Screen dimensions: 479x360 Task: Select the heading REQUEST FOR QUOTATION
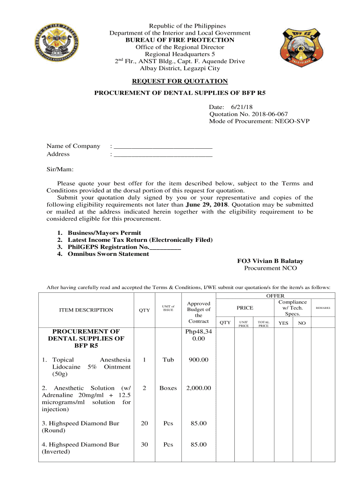click(x=180, y=81)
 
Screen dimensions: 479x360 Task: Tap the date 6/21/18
click(x=238, y=108)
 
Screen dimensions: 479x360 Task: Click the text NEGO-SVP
click(x=292, y=122)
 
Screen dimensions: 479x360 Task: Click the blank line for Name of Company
click(x=163, y=146)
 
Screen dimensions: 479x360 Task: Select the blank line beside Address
click(x=163, y=154)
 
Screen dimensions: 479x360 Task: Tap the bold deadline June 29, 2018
click(x=206, y=204)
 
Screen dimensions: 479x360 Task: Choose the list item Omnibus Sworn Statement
click(x=108, y=254)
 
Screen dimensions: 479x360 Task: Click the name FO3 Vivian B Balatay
click(x=270, y=261)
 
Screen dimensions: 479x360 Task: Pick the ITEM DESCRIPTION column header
click(x=86, y=310)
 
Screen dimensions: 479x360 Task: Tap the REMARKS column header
click(x=323, y=308)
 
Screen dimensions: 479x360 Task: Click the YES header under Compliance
click(x=283, y=323)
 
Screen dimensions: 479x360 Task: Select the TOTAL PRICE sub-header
click(x=264, y=324)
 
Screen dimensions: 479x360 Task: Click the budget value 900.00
click(x=199, y=360)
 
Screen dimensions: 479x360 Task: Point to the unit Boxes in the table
click(x=168, y=388)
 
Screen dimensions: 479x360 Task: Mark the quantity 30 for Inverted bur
click(x=144, y=444)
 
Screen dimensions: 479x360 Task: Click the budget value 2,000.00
click(x=199, y=388)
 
